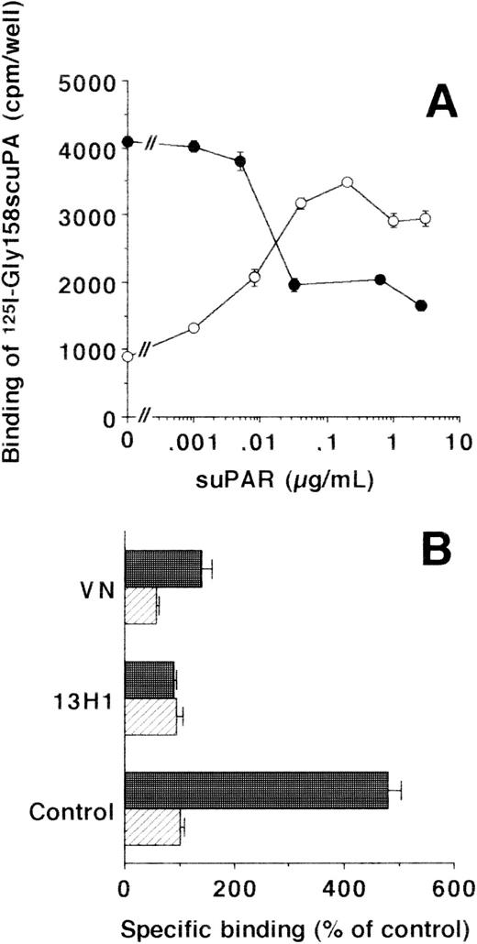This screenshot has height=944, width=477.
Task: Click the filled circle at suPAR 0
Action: [x=128, y=142]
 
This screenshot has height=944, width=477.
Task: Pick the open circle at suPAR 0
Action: [x=128, y=357]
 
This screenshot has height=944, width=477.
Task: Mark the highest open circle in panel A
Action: [x=347, y=182]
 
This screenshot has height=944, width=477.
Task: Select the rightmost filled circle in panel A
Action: [x=420, y=305]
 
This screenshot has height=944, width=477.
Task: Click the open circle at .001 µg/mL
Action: [x=194, y=328]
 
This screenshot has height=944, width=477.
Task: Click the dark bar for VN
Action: [x=162, y=568]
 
